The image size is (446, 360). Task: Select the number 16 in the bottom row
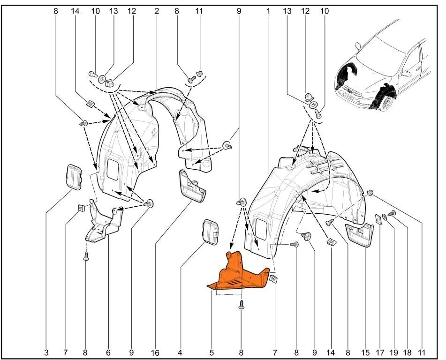pyautogui.click(x=155, y=353)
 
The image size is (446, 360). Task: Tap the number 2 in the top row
pyautogui.click(x=157, y=11)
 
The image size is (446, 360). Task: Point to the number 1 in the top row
pyautogui.click(x=268, y=11)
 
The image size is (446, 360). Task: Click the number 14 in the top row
pyautogui.click(x=75, y=11)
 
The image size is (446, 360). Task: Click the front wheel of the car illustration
pyautogui.click(x=386, y=102)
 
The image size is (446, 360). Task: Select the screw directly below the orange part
pyautogui.click(x=242, y=305)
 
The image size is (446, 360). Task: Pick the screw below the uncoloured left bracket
pyautogui.click(x=86, y=256)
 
